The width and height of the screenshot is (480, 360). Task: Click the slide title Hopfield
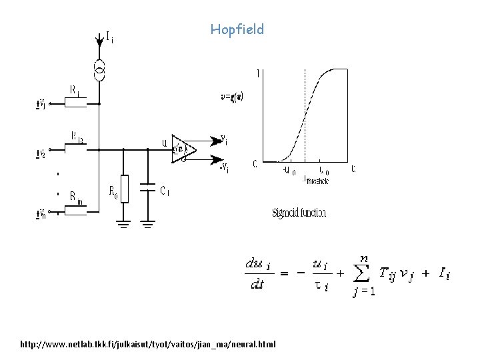click(237, 29)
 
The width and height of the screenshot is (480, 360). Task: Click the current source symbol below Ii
click(99, 69)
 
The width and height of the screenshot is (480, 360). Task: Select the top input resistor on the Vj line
click(78, 103)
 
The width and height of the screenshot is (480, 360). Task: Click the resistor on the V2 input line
click(78, 150)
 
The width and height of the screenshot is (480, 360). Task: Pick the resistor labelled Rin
click(77, 211)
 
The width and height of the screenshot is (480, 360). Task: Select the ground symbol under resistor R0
click(123, 225)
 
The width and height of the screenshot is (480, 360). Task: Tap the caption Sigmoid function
click(299, 213)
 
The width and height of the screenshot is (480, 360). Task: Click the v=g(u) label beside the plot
click(231, 96)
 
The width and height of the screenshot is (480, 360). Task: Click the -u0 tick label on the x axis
click(288, 171)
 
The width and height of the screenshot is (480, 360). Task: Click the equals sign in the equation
click(283, 273)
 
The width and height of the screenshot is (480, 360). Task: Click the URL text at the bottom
click(147, 344)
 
